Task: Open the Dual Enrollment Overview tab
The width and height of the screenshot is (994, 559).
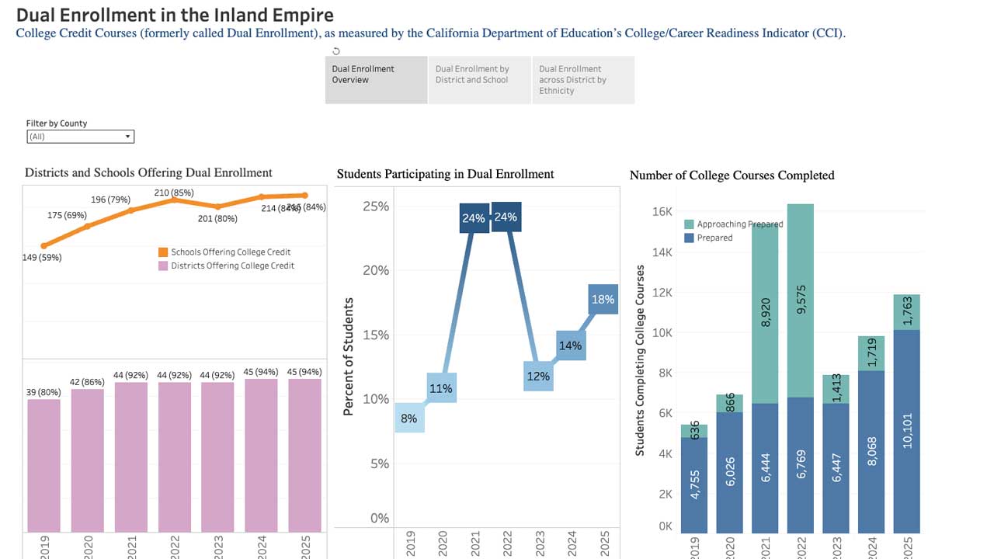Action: [376, 79]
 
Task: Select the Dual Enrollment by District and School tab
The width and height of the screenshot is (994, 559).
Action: [479, 79]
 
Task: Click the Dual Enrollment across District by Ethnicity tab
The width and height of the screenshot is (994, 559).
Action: [582, 79]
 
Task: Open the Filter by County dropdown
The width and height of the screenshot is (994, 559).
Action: [80, 137]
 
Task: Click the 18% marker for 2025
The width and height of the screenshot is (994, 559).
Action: [603, 299]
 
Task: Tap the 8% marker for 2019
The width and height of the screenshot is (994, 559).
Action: [409, 418]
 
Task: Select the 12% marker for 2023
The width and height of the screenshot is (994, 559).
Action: [538, 376]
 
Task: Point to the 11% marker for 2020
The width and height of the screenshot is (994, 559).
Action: [441, 388]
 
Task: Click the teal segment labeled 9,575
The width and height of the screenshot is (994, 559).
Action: [801, 301]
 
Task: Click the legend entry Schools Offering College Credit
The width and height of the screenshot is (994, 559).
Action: [224, 252]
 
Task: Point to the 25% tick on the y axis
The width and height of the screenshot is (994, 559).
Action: [376, 207]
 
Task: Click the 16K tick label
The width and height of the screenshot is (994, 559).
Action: [662, 211]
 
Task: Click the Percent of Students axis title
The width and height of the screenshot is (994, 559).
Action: [349, 356]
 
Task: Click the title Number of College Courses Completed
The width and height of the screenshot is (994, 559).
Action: [732, 175]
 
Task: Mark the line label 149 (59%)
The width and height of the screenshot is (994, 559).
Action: [42, 257]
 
